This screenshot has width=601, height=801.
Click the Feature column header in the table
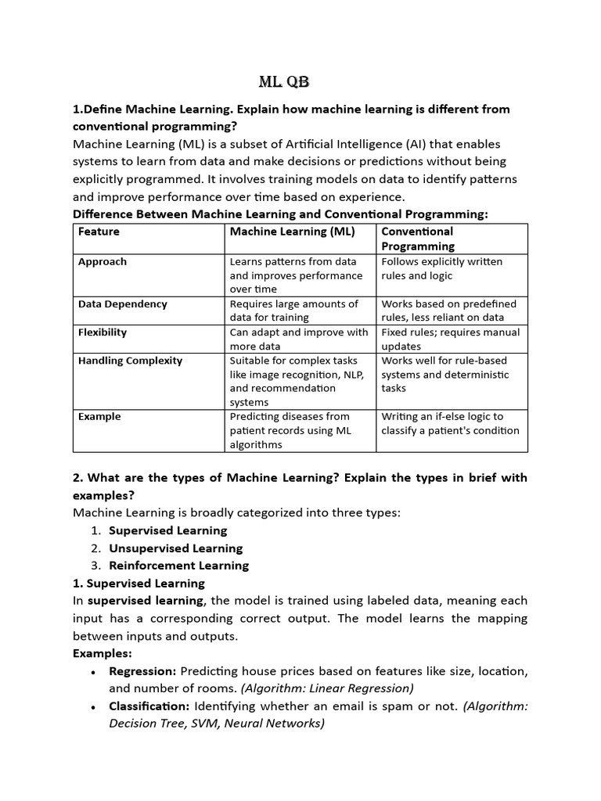(99, 232)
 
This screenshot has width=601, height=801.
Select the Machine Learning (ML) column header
(292, 232)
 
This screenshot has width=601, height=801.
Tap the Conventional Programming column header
(417, 239)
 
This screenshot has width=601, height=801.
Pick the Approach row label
(103, 261)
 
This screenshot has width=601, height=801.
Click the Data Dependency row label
(122, 304)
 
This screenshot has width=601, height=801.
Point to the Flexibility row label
(103, 332)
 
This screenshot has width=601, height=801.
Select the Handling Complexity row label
(130, 361)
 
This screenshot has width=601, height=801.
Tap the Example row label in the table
(99, 416)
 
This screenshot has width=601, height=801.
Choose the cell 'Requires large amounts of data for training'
(293, 311)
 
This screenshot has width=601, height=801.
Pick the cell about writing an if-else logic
(450, 423)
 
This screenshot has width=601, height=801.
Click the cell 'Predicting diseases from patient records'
(290, 430)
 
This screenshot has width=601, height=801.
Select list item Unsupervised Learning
(175, 548)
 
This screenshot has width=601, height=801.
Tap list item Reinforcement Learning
(178, 566)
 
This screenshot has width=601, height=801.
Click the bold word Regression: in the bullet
(143, 671)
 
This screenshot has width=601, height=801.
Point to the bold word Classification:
(149, 706)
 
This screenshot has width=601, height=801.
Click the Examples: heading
(103, 653)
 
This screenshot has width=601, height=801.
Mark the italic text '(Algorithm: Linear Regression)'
(327, 688)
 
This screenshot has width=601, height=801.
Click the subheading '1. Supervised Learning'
(139, 583)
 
